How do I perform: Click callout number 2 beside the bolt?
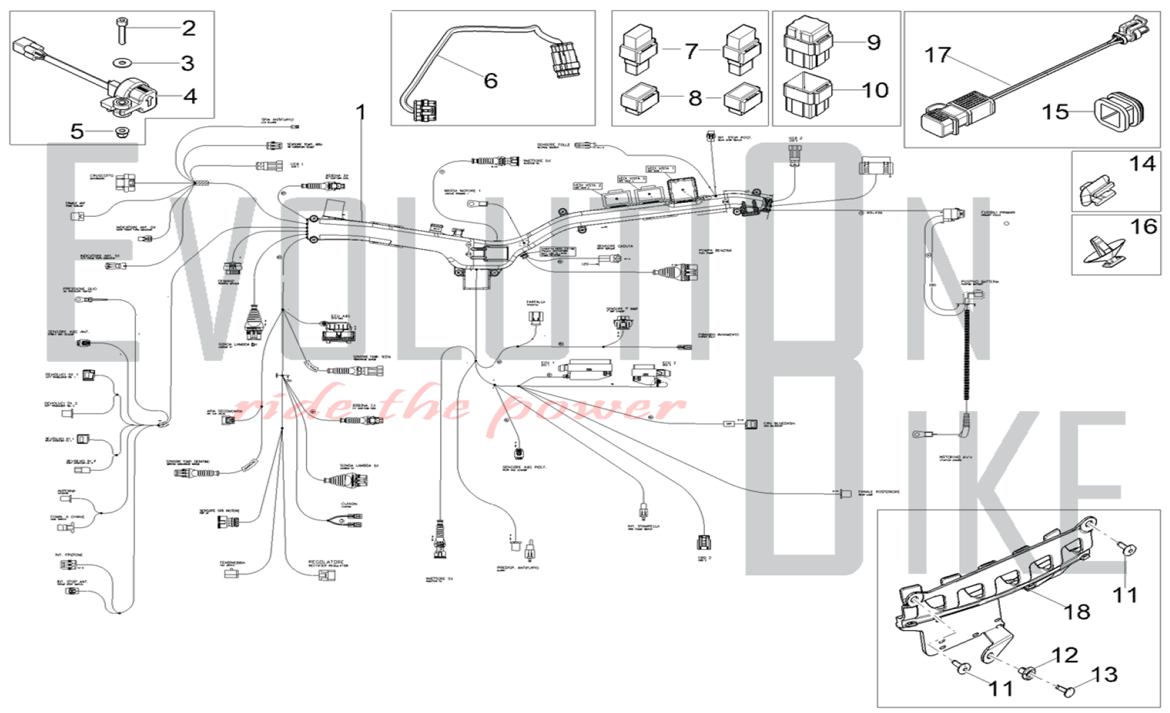[x=188, y=28]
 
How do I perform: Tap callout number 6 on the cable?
[x=490, y=81]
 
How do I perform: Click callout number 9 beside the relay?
[x=873, y=42]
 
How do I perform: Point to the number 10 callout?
[x=875, y=90]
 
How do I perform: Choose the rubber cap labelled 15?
[x=1118, y=110]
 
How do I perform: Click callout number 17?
[x=937, y=55]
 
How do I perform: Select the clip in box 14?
[x=1097, y=189]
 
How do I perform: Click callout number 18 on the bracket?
[x=1076, y=612]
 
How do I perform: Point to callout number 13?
[x=1104, y=674]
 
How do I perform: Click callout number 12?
[x=1065, y=655]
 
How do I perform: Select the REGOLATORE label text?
[x=326, y=562]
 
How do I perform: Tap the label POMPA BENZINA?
[x=715, y=251]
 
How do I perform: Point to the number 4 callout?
[x=190, y=96]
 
